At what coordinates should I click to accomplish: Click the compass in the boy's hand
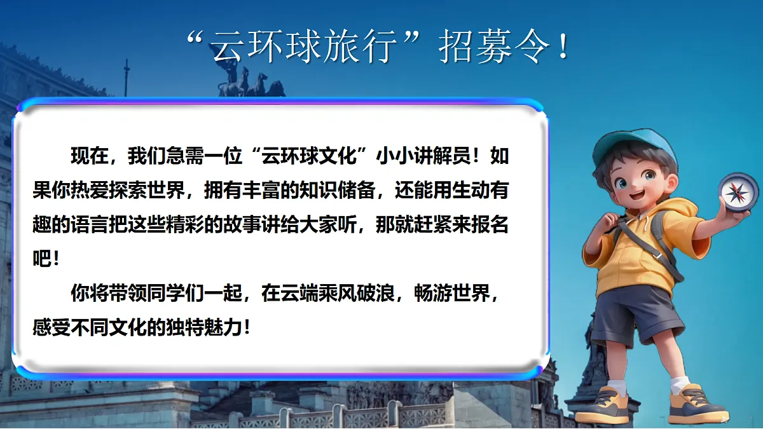[738, 191]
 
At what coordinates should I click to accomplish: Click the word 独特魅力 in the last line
[203, 329]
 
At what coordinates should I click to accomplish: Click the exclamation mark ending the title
[563, 48]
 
